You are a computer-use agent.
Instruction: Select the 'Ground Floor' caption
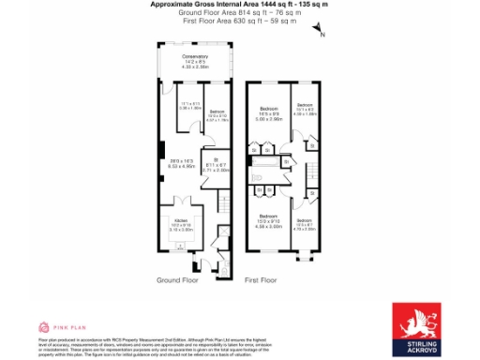tap(176, 280)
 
